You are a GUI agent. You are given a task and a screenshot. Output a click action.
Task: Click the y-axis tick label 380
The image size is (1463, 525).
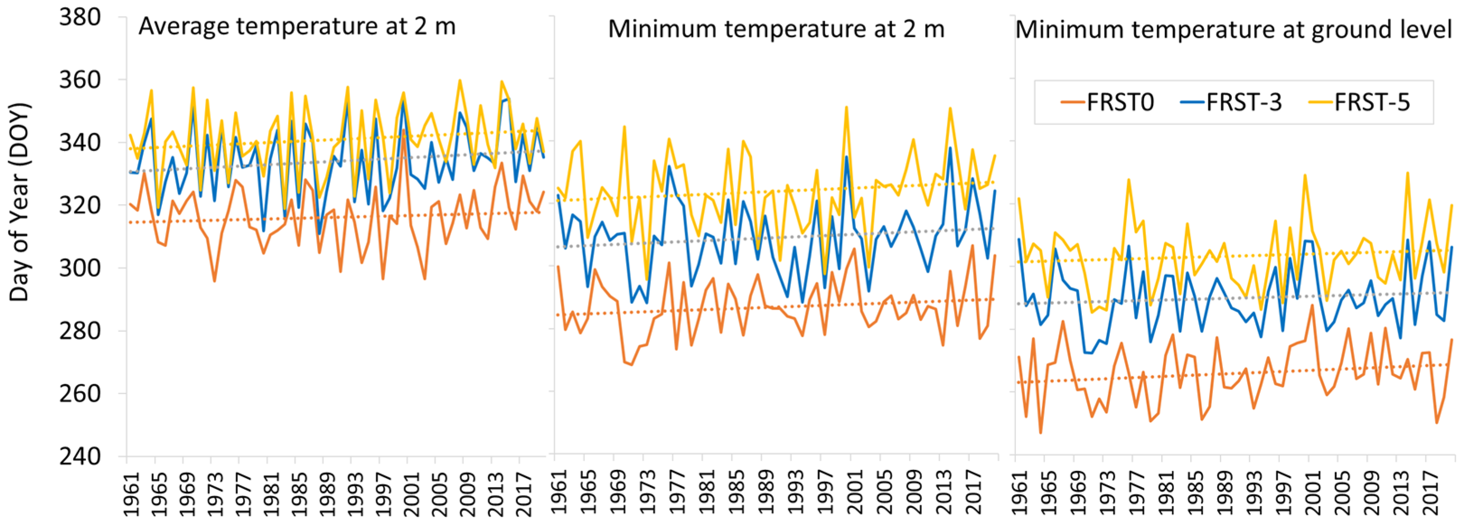(x=79, y=18)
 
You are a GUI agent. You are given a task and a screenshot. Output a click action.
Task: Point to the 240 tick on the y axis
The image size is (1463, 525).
(x=79, y=456)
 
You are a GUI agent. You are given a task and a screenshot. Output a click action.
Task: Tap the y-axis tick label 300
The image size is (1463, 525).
(x=79, y=268)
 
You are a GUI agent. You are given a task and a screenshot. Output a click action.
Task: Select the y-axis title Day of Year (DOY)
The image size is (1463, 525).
(x=19, y=201)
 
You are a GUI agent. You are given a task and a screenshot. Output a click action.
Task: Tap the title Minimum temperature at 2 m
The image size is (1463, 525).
(x=776, y=29)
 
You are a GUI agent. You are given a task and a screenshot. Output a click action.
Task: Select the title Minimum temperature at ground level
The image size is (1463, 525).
(x=1233, y=29)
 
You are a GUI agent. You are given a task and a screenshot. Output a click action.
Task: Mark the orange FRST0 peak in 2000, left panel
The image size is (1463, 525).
(x=403, y=130)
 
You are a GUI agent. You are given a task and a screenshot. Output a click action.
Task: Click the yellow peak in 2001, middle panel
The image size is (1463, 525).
(x=846, y=107)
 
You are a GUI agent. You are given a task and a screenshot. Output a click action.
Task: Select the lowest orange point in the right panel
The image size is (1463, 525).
(x=1041, y=433)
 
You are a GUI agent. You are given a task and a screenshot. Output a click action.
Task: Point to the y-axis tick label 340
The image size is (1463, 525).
(x=79, y=143)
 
